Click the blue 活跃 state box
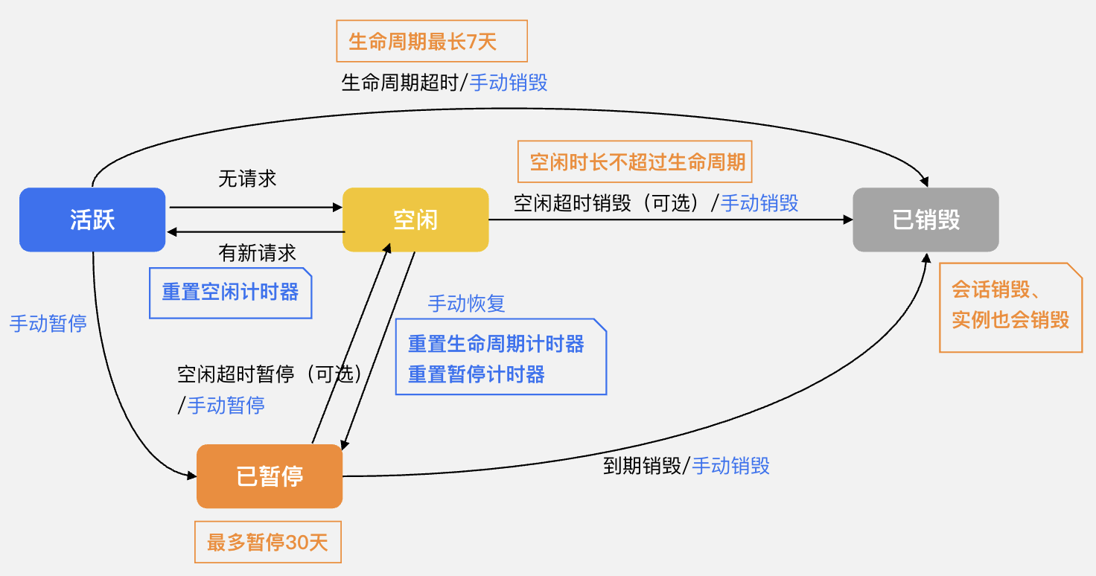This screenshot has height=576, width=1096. [92, 220]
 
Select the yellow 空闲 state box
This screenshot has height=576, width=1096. [415, 220]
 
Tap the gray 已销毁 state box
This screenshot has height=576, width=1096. [925, 220]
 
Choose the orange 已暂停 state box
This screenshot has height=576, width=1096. [270, 476]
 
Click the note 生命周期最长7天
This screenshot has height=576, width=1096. [432, 41]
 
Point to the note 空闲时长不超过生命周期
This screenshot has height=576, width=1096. [635, 162]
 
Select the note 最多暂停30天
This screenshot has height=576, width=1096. [268, 542]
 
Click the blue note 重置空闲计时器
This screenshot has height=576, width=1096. [231, 292]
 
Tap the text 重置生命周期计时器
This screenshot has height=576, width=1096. [496, 344]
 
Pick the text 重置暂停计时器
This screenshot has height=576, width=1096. [477, 374]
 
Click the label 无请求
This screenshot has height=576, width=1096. [247, 179]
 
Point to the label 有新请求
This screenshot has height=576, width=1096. [257, 253]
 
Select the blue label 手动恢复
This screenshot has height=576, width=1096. [466, 304]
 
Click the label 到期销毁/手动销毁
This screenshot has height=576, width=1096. [686, 467]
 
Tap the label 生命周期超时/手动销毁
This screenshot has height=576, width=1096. [445, 83]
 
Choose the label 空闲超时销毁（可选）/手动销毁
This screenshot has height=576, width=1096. [656, 203]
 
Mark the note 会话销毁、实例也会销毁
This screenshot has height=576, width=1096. [1010, 305]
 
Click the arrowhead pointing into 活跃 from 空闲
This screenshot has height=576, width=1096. [172, 232]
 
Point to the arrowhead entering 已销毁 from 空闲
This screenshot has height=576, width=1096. [847, 220]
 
